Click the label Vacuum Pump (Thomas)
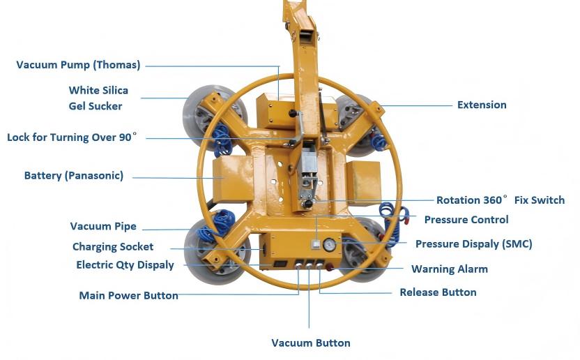click(78, 66)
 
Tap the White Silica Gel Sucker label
click(98, 98)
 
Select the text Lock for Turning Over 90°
click(71, 137)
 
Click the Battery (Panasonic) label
click(73, 176)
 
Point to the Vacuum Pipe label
click(103, 227)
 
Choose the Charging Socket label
click(113, 247)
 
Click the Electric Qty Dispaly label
click(125, 265)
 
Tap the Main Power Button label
click(128, 296)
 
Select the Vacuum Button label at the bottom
click(310, 343)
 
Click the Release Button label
click(438, 292)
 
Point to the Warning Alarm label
click(449, 269)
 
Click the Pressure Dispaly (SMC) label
click(473, 244)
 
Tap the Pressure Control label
click(466, 220)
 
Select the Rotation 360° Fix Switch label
click(500, 200)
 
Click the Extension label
click(482, 105)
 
